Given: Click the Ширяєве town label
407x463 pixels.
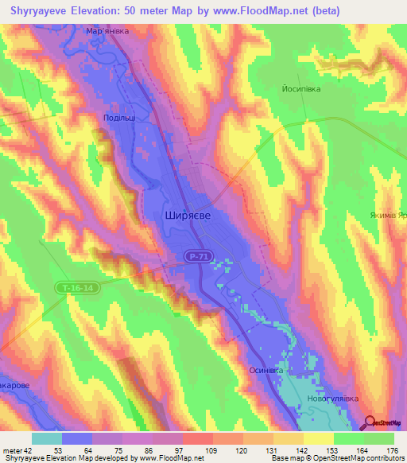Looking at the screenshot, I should [x=187, y=215].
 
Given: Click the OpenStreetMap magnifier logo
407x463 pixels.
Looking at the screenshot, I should [x=370, y=422].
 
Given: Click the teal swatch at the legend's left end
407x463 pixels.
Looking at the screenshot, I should [x=47, y=438].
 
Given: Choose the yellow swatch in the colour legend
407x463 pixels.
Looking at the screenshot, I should [x=319, y=438].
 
